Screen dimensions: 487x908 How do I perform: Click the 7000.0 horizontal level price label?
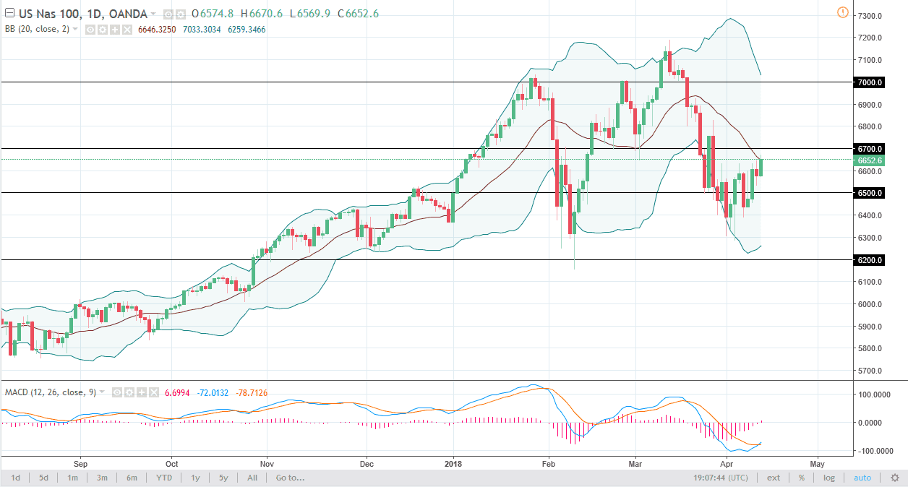coord(870,82)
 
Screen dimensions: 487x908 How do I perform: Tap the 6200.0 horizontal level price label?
coord(870,260)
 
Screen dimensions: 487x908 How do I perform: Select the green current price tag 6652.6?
coord(870,160)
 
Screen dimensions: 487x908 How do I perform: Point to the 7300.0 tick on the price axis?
coord(870,16)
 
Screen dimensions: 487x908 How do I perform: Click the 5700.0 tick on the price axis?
coord(870,371)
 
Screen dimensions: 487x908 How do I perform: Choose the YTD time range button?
coord(163,478)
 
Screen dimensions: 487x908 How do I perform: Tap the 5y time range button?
coord(223,478)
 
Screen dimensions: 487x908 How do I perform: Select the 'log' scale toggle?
coord(828,478)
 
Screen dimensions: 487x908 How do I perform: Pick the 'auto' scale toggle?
coord(862,478)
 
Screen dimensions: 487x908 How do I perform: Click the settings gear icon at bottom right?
coord(894,478)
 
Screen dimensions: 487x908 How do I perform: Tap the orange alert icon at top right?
coord(842,12)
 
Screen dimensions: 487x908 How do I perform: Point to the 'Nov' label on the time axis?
coord(267,463)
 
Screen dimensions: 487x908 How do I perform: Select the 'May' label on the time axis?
coord(818,463)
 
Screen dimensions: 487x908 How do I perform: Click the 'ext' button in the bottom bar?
coord(774,478)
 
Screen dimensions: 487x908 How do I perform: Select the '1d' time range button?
coord(15,478)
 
